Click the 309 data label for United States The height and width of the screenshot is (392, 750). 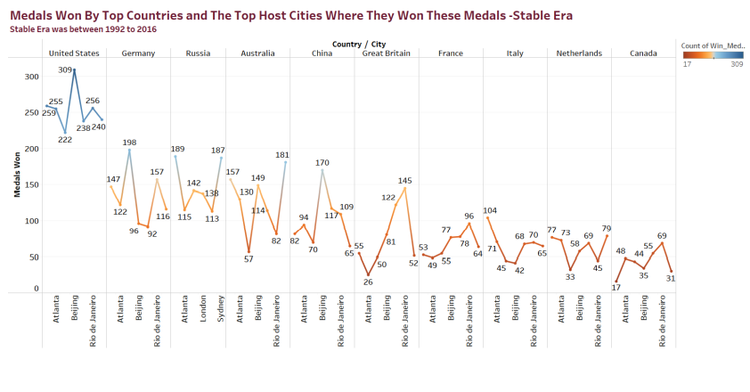[x=65, y=69]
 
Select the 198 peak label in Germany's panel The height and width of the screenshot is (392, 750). [x=130, y=142]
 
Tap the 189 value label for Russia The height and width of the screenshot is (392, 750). [x=177, y=149]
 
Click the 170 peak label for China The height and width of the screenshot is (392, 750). [x=322, y=162]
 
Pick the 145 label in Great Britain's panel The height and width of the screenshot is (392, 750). [x=405, y=181]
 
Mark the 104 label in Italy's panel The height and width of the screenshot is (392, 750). [x=491, y=210]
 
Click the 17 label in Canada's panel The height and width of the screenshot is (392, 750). [x=615, y=285]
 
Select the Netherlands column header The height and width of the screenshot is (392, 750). [x=579, y=53]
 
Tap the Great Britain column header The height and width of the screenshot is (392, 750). [x=385, y=53]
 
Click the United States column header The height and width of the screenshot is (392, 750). [x=74, y=53]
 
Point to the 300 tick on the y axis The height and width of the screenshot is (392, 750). [x=32, y=77]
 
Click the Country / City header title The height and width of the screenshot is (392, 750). [x=358, y=43]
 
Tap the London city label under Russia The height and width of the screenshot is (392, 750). [x=203, y=312]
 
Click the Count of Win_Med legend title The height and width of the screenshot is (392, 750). [x=712, y=45]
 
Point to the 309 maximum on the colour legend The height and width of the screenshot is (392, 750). [x=737, y=64]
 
